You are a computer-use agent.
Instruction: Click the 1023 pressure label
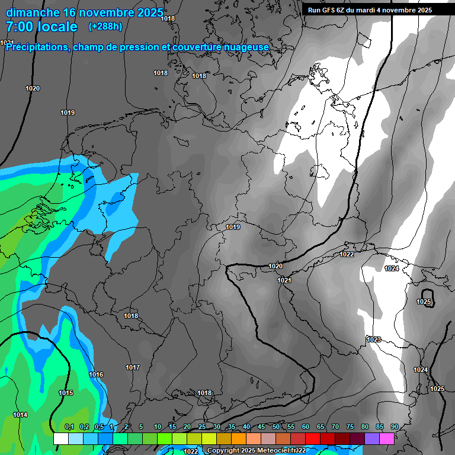374,339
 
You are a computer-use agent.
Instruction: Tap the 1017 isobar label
133,367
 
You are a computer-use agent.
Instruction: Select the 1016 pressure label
96,374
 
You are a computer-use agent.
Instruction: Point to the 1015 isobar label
66,393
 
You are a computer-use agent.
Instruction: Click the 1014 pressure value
20,414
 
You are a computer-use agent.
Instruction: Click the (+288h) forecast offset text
105,27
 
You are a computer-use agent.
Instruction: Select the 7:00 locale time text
41,27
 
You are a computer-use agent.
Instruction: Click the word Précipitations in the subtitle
37,47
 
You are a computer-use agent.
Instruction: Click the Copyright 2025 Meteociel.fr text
256,450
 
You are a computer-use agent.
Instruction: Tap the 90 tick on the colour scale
394,427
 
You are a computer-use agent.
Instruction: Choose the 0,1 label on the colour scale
69,427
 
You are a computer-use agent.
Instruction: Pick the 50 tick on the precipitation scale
276,427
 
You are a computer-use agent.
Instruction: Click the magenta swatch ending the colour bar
387,438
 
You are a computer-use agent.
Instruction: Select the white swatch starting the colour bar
61,438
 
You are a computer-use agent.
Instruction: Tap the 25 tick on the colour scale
202,427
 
